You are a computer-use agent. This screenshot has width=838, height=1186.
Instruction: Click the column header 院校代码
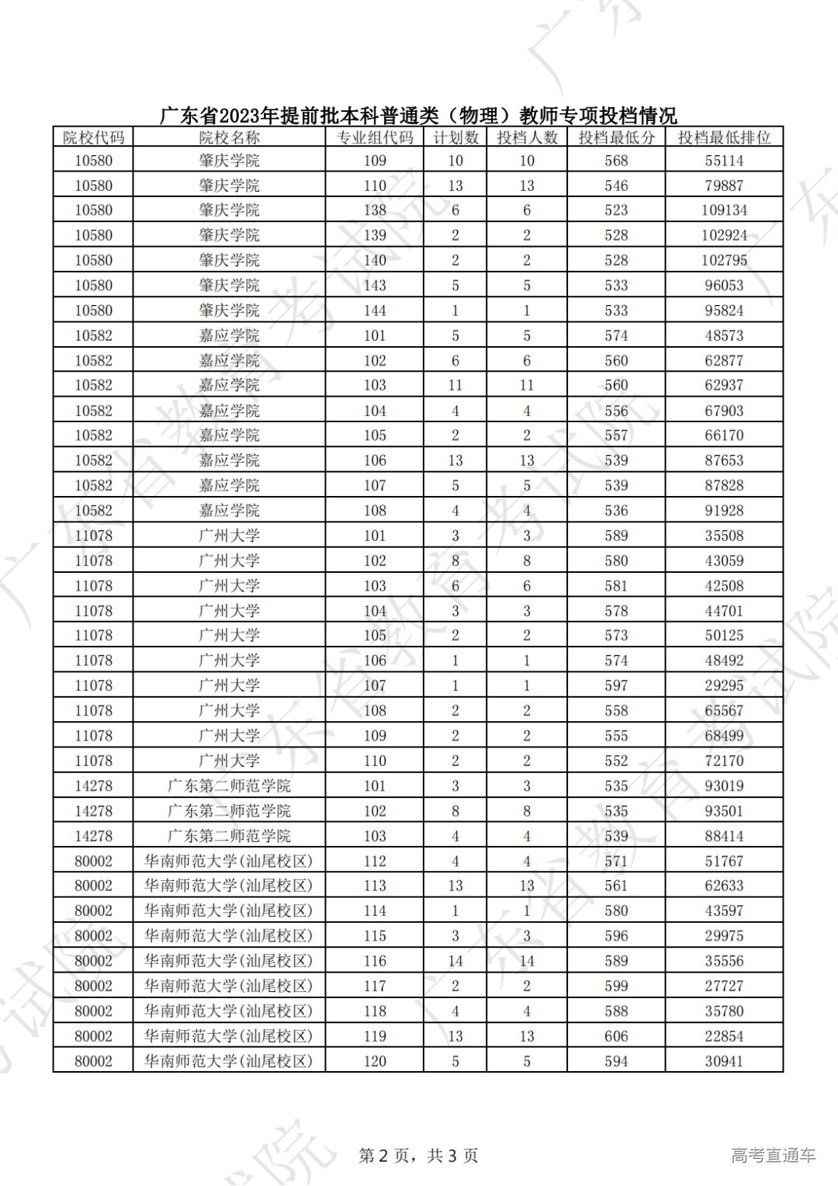93,137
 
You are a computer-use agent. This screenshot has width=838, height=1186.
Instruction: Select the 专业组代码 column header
375,137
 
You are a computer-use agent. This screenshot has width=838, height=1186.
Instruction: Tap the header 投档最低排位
724,137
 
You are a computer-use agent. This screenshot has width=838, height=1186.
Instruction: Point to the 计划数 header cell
455,137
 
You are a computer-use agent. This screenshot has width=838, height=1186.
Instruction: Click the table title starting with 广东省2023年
418,116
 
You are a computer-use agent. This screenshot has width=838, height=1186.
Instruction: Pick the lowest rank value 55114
724,161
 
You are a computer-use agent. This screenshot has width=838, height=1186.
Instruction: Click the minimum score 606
616,1036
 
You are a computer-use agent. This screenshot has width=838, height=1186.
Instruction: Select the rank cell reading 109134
724,210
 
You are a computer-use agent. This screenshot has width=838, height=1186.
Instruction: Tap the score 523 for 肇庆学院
616,210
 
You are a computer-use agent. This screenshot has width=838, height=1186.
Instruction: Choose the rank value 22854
724,1036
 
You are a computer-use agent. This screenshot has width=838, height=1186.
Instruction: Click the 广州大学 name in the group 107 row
229,685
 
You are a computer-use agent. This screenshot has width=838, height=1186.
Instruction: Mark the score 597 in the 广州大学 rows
616,685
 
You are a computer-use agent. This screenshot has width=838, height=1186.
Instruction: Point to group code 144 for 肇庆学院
375,310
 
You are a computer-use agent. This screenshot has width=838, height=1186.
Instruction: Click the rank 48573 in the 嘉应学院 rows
724,335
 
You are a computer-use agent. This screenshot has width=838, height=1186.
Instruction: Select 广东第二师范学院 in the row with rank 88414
229,836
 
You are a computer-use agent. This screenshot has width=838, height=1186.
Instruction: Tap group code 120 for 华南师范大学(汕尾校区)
375,1061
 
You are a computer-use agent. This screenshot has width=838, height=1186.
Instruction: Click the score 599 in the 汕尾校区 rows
616,986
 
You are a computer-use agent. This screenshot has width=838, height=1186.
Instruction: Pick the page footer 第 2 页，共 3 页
418,1156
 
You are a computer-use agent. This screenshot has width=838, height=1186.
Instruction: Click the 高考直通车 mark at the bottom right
773,1156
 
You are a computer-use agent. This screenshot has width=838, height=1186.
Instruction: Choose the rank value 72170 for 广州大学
724,761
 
